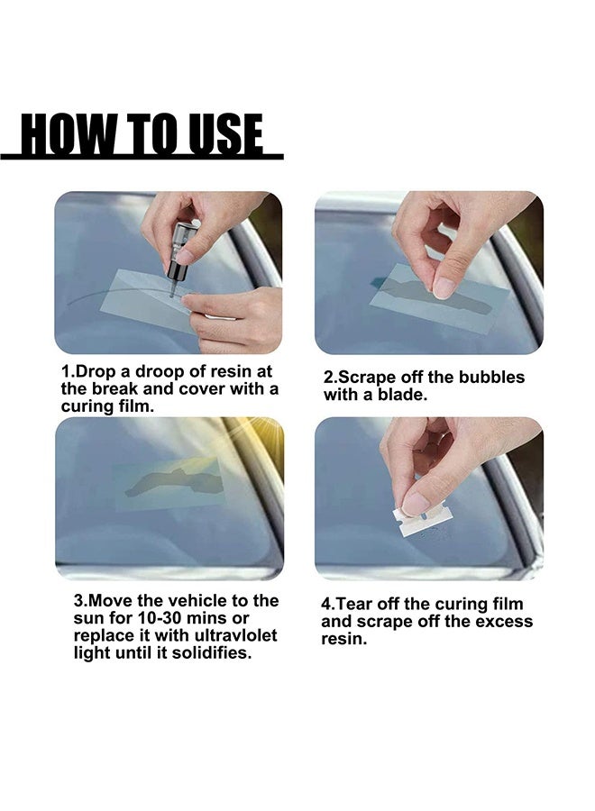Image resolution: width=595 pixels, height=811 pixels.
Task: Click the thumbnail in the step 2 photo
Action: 444,287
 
